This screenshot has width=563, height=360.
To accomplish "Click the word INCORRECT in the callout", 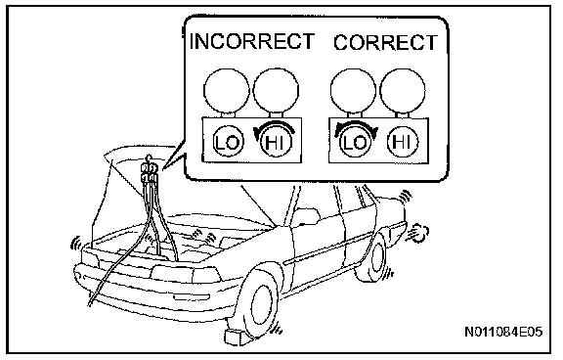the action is point(252,41).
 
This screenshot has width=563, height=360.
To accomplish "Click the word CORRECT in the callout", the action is point(386,42).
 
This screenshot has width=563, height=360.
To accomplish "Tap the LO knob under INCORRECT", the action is point(228,143).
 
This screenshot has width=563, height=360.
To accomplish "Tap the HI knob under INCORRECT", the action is point(276,143).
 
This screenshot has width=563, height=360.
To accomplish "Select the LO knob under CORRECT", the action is point(355,143).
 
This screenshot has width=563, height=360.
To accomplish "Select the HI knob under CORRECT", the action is point(402,142).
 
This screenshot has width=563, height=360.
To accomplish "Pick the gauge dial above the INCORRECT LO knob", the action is point(226,90).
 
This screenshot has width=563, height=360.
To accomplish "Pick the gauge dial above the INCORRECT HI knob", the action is point(276,90).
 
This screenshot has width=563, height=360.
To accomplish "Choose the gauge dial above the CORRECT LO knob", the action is point(353,90).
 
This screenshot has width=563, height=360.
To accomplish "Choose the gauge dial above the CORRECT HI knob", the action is point(403,90).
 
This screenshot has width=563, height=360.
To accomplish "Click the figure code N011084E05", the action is point(503,332).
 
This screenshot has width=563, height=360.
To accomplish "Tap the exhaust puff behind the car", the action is point(418,232).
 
